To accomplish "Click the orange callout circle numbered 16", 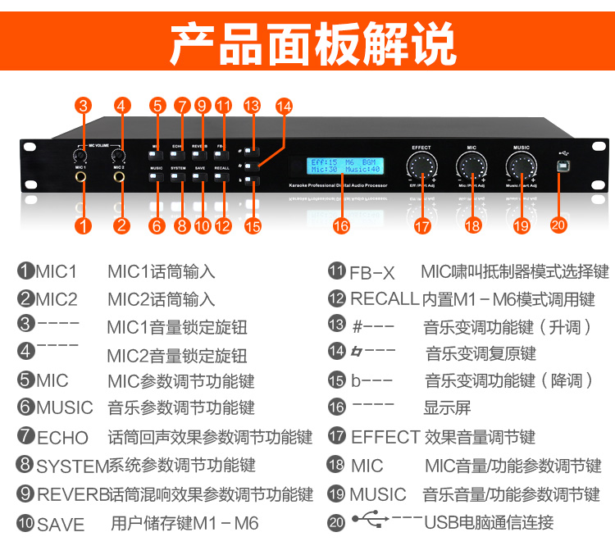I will tap(340, 225).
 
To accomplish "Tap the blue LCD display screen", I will tap(345, 166).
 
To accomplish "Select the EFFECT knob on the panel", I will tap(421, 166).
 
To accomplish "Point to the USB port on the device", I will tap(563, 166).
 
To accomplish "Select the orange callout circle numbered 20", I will tap(558, 225).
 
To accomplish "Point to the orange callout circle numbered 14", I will tap(284, 106).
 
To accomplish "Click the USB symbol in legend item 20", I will tap(366, 519).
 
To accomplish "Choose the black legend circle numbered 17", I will tap(336, 436).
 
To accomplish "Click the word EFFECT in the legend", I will tap(385, 437).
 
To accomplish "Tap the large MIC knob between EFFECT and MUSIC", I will tap(471, 166).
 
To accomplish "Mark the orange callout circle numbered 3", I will tap(83, 106).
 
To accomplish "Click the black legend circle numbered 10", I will tap(25, 523).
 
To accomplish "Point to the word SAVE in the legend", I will tap(61, 524).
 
